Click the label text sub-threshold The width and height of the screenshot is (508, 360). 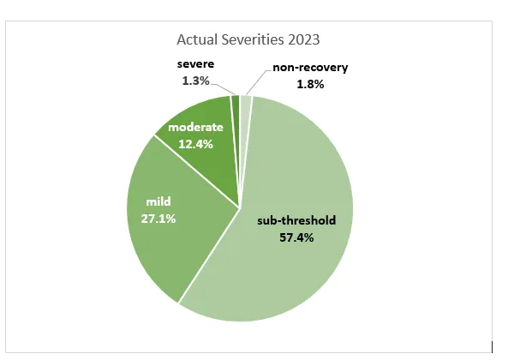click(296, 220)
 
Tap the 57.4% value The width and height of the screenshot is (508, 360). click(296, 237)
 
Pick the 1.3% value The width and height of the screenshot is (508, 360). click(196, 80)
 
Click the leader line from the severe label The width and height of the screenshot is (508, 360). click(226, 87)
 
